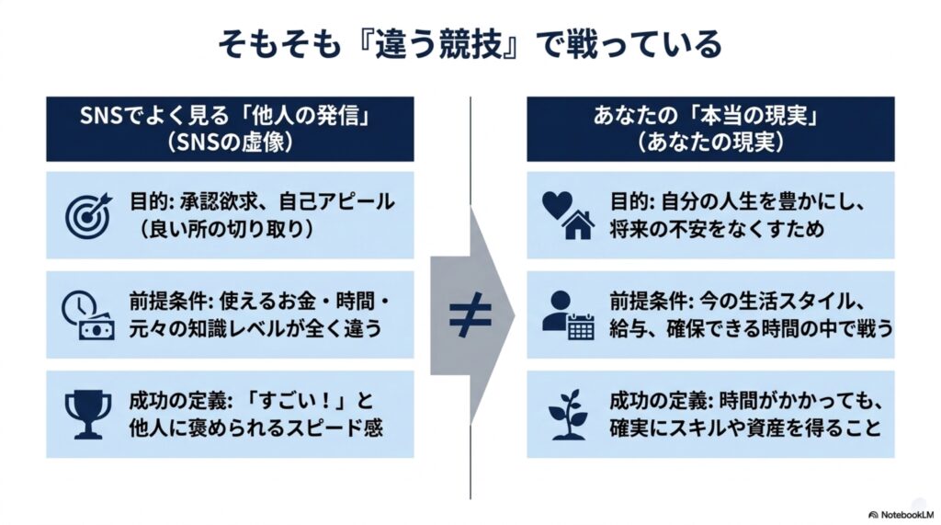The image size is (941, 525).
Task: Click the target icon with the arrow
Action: pyautogui.click(x=88, y=215)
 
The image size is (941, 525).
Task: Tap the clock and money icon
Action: pyautogui.click(x=87, y=315)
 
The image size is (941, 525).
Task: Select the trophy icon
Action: pyautogui.click(x=88, y=415)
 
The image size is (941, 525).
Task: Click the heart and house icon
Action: pyautogui.click(x=568, y=215)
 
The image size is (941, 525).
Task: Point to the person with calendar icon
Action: pyautogui.click(x=568, y=315)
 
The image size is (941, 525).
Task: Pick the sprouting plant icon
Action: pyautogui.click(x=568, y=415)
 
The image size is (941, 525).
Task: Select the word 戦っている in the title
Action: pyautogui.click(x=646, y=44)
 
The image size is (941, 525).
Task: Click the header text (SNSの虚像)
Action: pyautogui.click(x=230, y=143)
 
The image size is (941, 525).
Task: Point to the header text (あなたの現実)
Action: pyautogui.click(x=710, y=143)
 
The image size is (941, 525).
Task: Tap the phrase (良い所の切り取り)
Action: pyautogui.click(x=226, y=230)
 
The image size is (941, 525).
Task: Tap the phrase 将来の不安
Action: pyautogui.click(x=666, y=230)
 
